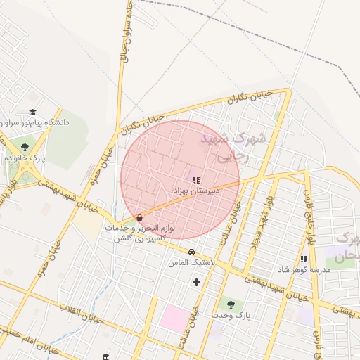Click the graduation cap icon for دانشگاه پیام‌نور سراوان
(x=32, y=112)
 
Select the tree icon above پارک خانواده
(x=25, y=147)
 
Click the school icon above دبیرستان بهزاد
(x=196, y=180)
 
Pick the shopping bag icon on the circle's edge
(x=139, y=217)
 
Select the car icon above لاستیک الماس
(x=191, y=252)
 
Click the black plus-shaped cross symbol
(x=196, y=283)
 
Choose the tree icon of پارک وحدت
(x=230, y=304)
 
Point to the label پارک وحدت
(x=231, y=316)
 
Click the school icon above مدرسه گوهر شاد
(x=304, y=259)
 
